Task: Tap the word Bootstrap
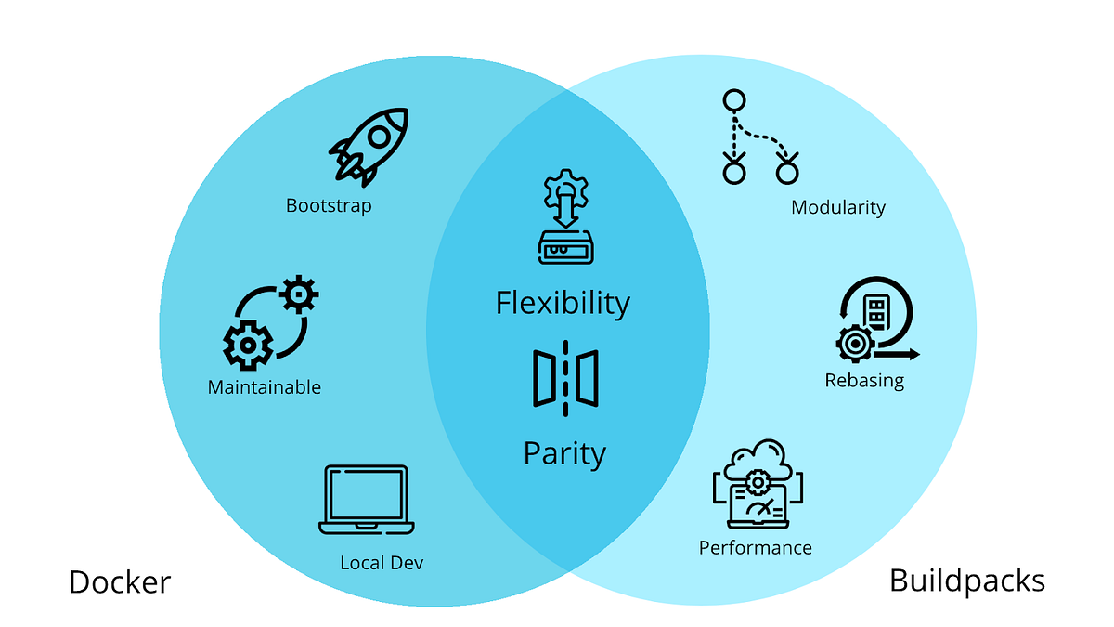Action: [329, 205]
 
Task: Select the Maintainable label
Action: [265, 386]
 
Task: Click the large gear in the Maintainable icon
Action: [248, 345]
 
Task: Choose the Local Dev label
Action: [382, 562]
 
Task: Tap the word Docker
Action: [120, 582]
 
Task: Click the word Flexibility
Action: [563, 303]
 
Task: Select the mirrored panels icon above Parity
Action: [565, 378]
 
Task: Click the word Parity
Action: [564, 453]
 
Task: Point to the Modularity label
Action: [838, 207]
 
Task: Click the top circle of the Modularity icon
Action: [734, 100]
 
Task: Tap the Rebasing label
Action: [864, 380]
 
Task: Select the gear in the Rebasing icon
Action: [854, 344]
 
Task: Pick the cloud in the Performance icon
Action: [758, 459]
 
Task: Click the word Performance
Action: [756, 548]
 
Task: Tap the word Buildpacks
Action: [966, 581]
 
